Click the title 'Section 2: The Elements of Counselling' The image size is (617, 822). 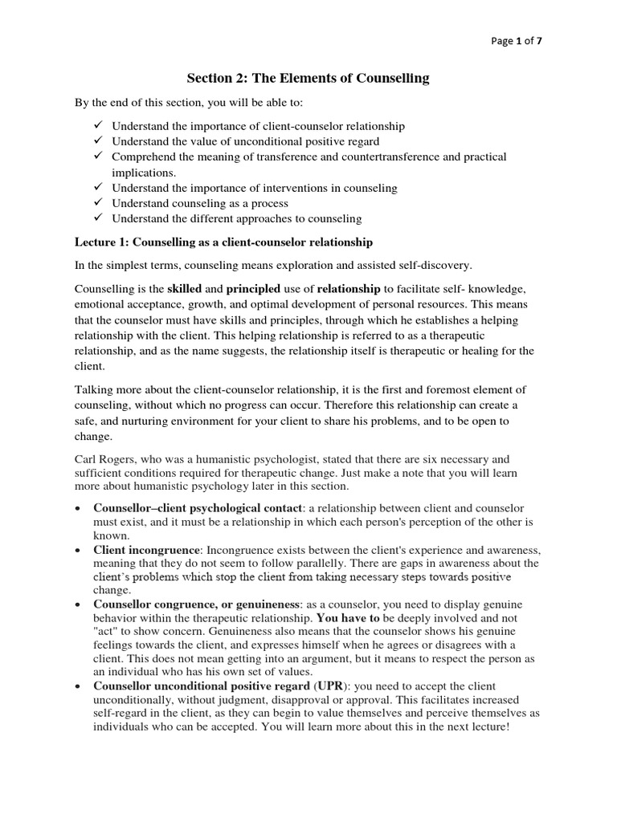tap(308, 78)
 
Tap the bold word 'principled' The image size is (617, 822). tap(253, 288)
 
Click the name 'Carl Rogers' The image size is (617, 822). tap(104, 460)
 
